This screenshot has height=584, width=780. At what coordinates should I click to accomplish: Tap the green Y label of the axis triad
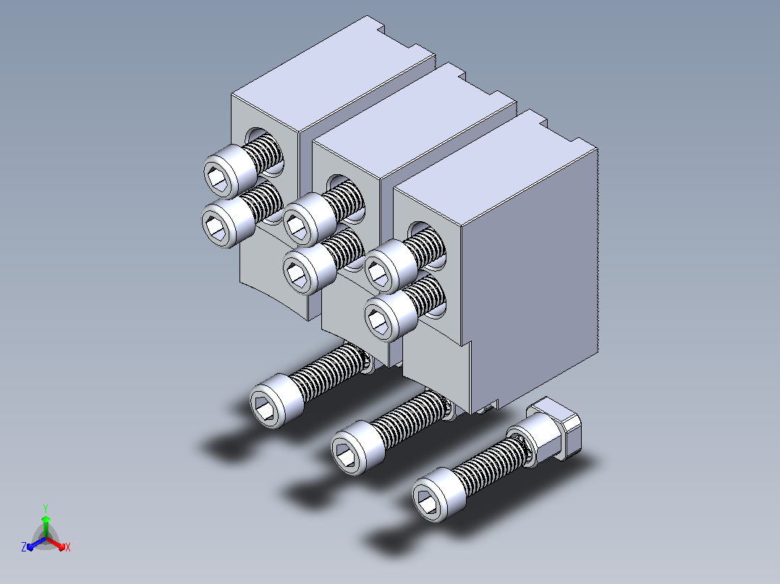point(46,508)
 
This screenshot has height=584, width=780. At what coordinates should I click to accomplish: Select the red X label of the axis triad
point(68,547)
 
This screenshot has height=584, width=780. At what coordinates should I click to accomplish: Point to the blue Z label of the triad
point(24,547)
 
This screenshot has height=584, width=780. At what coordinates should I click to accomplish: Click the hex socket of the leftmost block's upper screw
point(219,178)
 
